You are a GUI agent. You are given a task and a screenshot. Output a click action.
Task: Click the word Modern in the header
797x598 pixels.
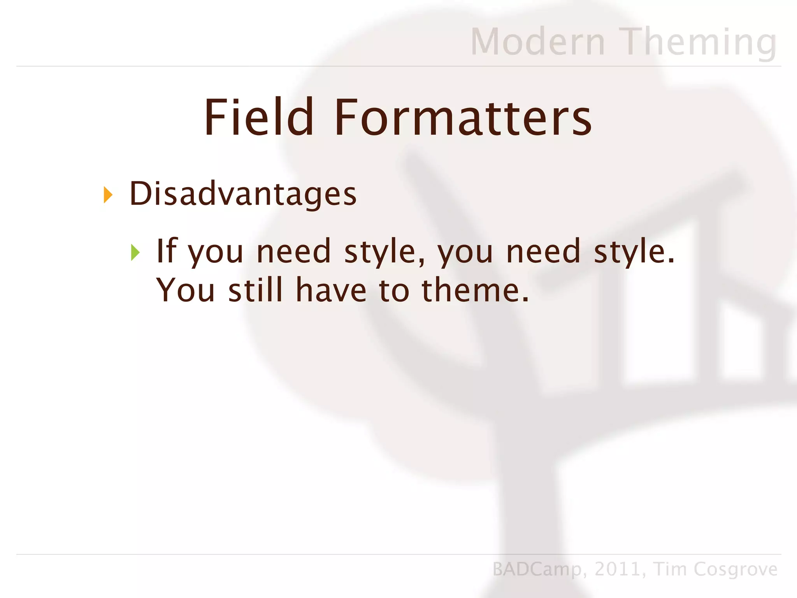pos(538,42)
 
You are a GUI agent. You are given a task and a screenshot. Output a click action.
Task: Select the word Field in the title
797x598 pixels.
pos(259,117)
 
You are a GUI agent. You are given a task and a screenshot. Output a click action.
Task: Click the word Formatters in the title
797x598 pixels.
pos(463,118)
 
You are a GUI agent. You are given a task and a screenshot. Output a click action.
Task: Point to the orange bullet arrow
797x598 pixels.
pos(108,195)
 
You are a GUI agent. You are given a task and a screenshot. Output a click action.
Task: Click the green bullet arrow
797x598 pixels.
pos(135,252)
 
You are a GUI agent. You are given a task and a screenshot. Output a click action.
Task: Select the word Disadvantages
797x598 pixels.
pos(243,194)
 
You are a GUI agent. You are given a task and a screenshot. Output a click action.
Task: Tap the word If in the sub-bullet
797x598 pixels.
pos(167,251)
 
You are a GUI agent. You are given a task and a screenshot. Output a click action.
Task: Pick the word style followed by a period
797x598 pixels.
pos(634,252)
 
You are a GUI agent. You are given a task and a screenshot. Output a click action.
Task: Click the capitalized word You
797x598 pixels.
pos(185,290)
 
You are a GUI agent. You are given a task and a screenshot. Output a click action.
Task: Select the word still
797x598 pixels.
pos(255,290)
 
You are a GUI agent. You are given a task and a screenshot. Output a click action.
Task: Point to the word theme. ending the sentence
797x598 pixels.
pos(475,290)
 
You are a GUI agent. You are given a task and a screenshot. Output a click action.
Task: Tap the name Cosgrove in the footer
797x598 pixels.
pos(736,569)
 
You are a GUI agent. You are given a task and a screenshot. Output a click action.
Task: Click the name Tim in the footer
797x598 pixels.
pos(670,569)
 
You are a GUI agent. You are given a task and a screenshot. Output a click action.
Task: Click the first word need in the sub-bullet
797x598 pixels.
pos(293,252)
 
